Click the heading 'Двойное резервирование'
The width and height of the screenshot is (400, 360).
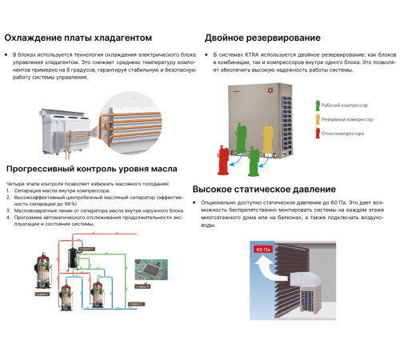pos(262,38)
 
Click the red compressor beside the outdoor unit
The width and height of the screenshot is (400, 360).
pos(222,159)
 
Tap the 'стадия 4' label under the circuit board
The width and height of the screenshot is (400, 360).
pos(142,285)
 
